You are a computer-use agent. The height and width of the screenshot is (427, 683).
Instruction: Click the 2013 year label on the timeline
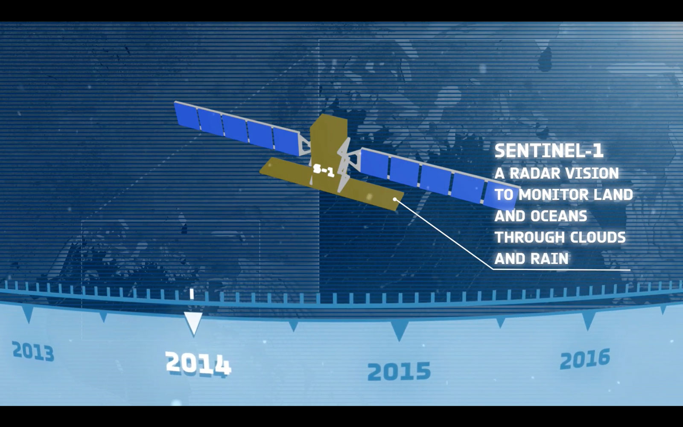coord(33,351)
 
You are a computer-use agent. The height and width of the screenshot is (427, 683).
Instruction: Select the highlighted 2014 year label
coord(198,364)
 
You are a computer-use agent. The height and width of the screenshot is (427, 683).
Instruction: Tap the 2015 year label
coord(399,371)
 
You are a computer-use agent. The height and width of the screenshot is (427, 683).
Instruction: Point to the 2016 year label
coord(585,359)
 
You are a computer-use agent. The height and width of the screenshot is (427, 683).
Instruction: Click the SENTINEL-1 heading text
coord(549,151)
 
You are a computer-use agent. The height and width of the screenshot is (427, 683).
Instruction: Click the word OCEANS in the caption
coord(559,216)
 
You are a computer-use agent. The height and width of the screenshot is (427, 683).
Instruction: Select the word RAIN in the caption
coord(550,259)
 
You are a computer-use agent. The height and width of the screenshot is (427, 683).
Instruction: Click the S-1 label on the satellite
coord(324,171)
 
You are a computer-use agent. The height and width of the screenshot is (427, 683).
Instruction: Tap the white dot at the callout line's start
coord(395,199)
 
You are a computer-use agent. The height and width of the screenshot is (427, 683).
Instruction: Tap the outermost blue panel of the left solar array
coord(187,116)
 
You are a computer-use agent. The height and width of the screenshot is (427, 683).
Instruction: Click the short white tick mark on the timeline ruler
coord(192,294)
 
